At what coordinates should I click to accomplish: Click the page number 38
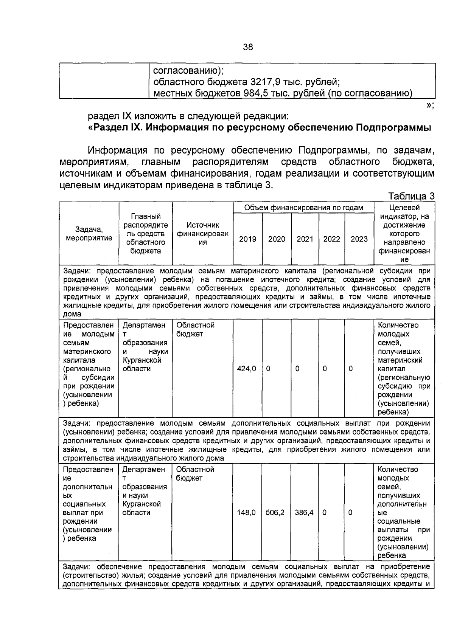pos(248,47)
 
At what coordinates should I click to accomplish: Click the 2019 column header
pos(247,239)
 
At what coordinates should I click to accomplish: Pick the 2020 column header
pos(277,239)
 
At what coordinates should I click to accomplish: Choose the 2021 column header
pos(305,239)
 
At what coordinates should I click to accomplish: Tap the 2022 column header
pos(331,239)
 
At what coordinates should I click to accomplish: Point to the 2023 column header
pos(359,239)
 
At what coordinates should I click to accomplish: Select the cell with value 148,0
pos(246,513)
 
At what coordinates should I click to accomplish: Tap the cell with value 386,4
pos(304,513)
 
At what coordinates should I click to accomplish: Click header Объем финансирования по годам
pos(303,208)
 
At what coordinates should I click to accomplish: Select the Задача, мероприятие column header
pos(89,234)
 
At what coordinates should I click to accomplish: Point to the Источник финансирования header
pos(203,234)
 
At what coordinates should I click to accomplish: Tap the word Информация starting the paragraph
pos(117,150)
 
